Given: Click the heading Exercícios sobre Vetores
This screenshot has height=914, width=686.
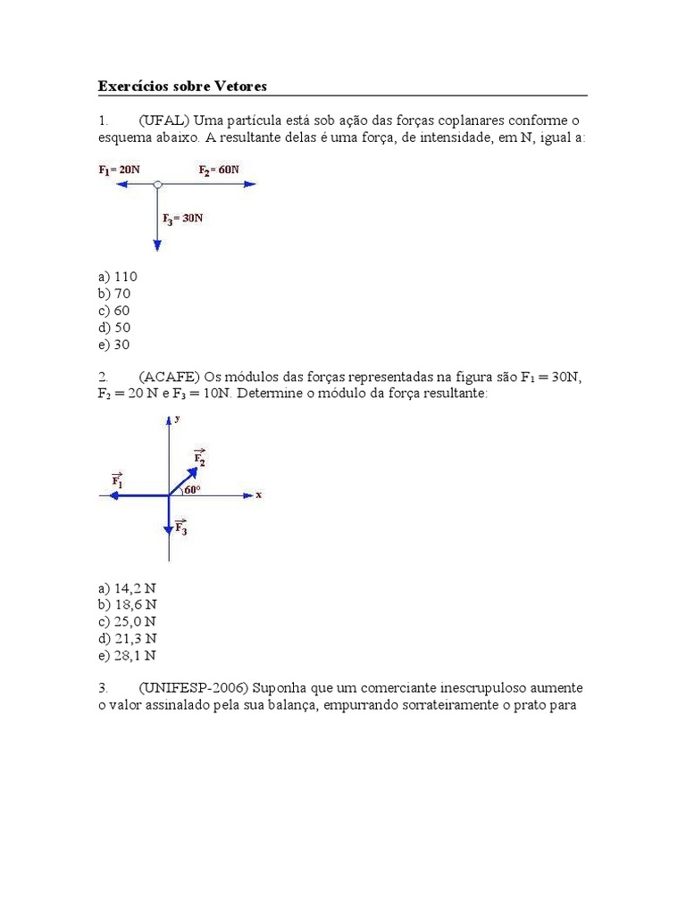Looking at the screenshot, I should click(182, 86).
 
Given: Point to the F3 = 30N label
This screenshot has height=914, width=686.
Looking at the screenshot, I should click(183, 218).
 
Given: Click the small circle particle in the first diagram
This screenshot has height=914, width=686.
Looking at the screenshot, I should click(157, 185).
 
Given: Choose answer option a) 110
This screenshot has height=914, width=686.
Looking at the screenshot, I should click(117, 277).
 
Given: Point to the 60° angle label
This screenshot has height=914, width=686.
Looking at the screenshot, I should click(191, 489).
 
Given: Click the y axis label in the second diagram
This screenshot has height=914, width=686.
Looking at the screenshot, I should click(178, 418).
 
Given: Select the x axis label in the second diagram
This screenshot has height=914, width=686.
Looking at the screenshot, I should click(258, 494).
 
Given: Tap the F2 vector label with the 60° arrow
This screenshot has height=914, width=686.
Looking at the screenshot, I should click(199, 458).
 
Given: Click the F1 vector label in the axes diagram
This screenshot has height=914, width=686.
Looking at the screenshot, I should click(117, 480).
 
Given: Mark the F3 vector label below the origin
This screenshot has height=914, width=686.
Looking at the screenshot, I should click(180, 527).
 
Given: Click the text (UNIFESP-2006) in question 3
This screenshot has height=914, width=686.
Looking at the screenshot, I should click(196, 688).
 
